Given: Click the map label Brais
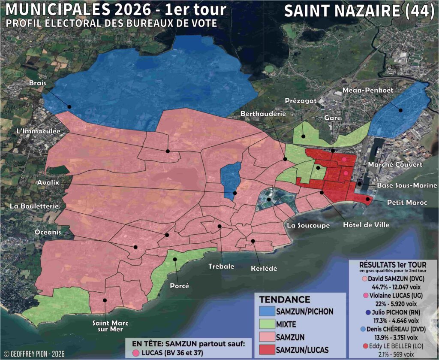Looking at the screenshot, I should (38, 83).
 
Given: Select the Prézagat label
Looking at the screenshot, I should (301, 100).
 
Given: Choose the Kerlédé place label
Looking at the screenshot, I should (264, 268).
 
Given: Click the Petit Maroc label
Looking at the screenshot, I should (407, 202).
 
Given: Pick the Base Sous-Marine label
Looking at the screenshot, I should (407, 185).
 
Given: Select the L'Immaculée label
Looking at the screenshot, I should (33, 130).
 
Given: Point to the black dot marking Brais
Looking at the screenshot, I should (69, 106).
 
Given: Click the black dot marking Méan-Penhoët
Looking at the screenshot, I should (401, 110).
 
